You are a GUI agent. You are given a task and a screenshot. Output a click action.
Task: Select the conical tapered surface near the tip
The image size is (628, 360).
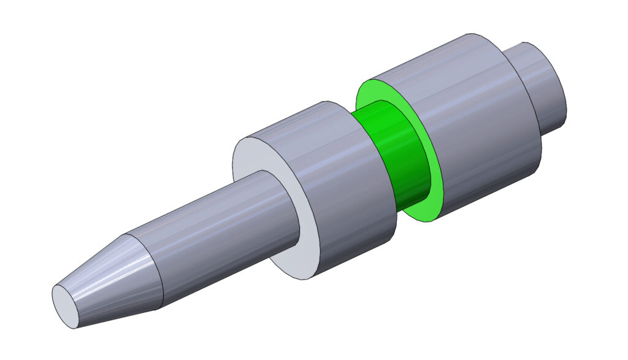(110, 276)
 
